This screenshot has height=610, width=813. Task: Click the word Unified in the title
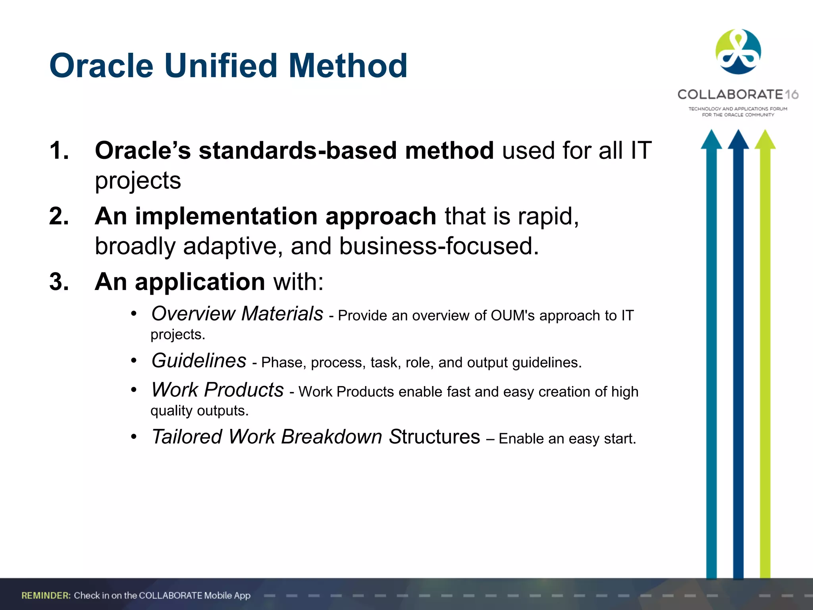click(220, 66)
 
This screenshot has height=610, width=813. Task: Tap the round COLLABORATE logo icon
click(738, 52)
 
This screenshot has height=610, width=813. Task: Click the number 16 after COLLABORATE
click(792, 95)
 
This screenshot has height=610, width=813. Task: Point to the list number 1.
click(59, 151)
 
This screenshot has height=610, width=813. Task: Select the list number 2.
click(59, 216)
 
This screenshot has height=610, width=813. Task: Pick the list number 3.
click(59, 282)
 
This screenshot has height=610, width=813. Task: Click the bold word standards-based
click(297, 151)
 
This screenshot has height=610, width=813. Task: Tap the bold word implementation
click(226, 216)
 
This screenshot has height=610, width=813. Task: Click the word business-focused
click(439, 246)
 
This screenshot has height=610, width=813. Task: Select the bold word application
click(200, 282)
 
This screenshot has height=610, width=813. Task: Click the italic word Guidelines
click(199, 361)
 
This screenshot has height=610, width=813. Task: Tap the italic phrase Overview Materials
click(237, 314)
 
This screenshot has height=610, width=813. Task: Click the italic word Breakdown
click(331, 437)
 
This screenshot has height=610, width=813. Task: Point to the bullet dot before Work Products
click(134, 390)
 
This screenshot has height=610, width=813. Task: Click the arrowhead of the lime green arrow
click(765, 140)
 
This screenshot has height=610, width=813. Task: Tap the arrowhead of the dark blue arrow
click(738, 140)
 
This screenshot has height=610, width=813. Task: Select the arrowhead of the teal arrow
click(711, 140)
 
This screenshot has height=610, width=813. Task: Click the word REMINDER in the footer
click(46, 595)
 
